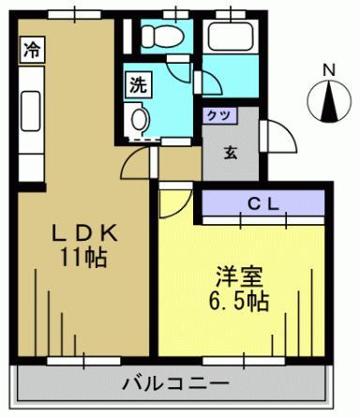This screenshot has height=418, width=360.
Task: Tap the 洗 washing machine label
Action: tap(138, 84)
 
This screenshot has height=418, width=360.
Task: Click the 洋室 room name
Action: tap(240, 276)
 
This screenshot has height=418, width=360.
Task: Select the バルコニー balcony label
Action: tap(175, 383)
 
